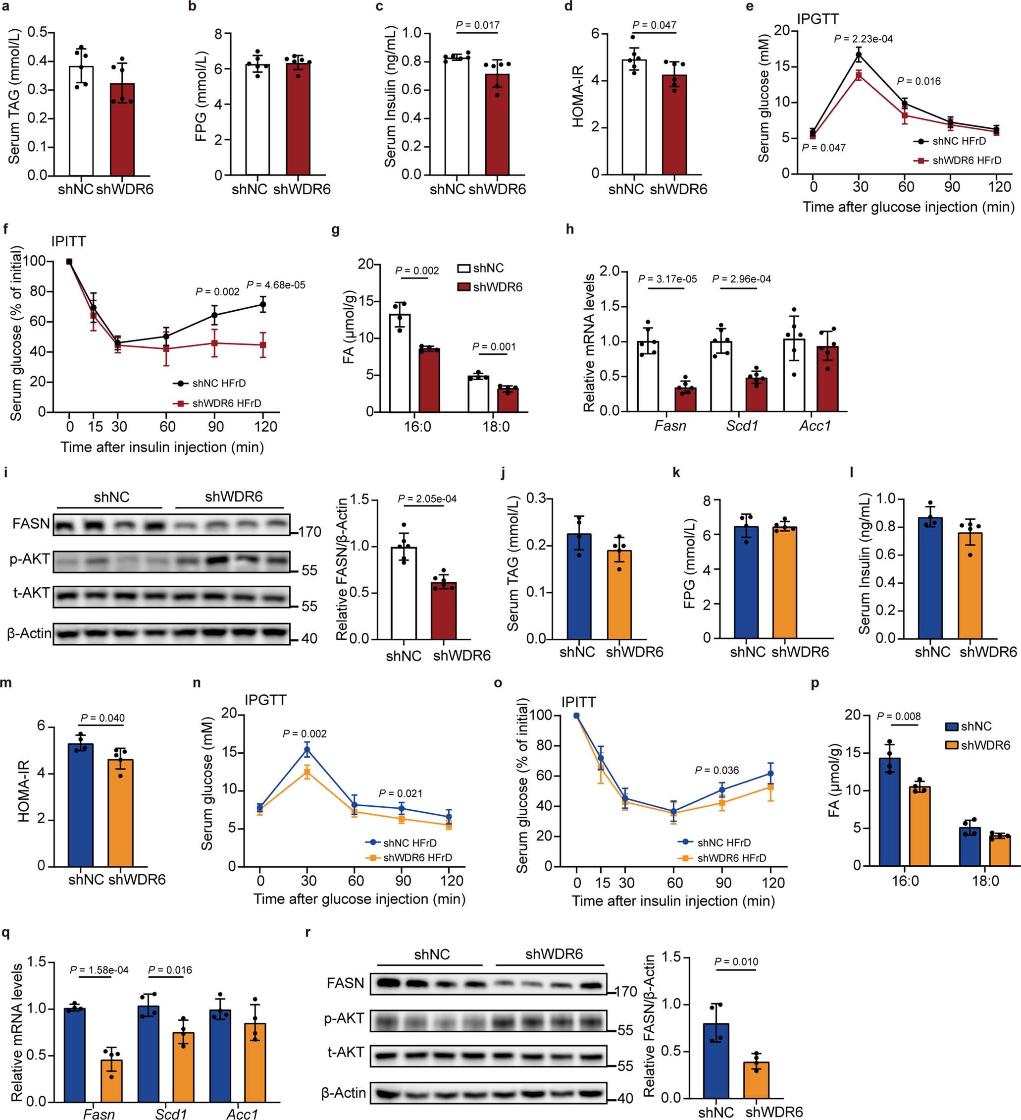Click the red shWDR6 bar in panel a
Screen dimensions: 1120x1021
tap(123, 130)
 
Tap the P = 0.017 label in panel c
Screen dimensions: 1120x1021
tap(477, 25)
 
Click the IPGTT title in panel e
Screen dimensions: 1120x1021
tap(818, 19)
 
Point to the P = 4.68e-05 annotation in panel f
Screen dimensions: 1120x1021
tap(276, 285)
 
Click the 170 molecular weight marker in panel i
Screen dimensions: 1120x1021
tap(310, 532)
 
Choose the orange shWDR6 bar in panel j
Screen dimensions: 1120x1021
tap(619, 595)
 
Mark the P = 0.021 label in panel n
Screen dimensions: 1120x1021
tap(401, 793)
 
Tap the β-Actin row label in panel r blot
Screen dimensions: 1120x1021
tap(343, 1093)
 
